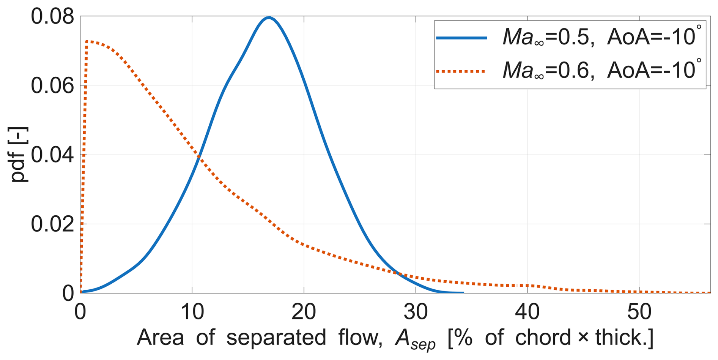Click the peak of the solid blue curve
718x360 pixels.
[269, 17]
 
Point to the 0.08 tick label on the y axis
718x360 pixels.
[52, 17]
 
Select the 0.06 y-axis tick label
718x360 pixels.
[52, 86]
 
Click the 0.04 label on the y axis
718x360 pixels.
[52, 155]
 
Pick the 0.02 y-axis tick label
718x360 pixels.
[52, 224]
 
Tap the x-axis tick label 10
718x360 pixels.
[192, 312]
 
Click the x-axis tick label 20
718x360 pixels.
[304, 312]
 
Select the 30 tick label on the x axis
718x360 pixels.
[416, 312]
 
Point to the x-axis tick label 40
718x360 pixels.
[527, 312]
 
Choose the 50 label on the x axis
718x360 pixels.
[639, 312]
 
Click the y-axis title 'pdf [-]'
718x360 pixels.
[19, 155]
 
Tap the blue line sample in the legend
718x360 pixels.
[461, 38]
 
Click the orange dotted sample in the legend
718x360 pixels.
[461, 71]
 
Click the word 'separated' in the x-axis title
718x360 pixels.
[276, 337]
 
